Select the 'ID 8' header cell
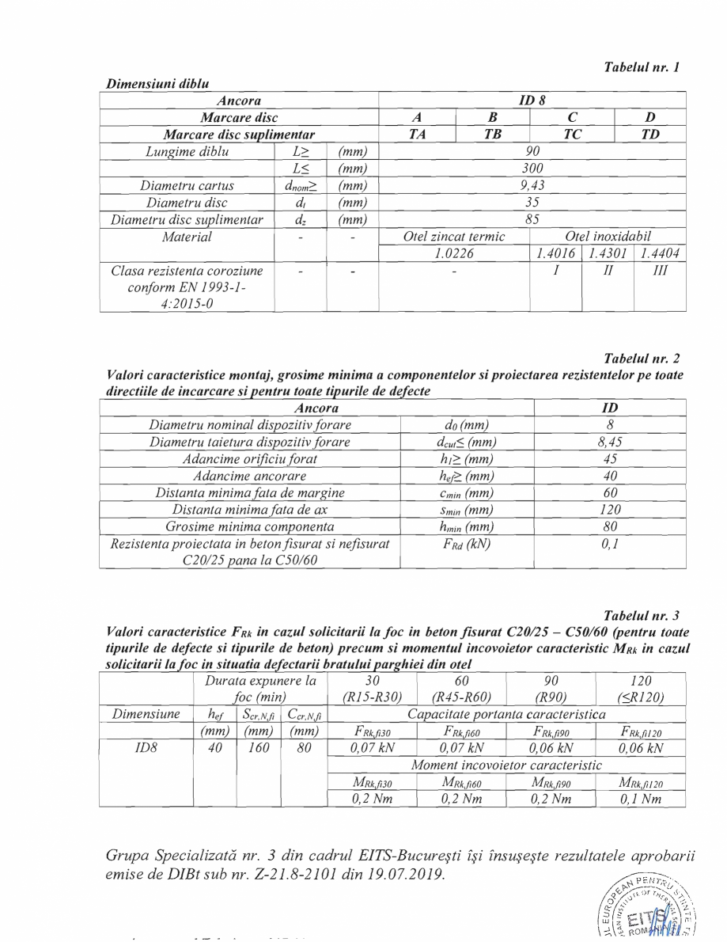tap(532, 101)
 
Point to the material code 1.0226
tap(455, 253)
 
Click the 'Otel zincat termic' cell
tap(455, 237)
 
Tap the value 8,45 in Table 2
tap(610, 443)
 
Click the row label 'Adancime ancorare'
tap(249, 476)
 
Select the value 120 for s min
tap(610, 510)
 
